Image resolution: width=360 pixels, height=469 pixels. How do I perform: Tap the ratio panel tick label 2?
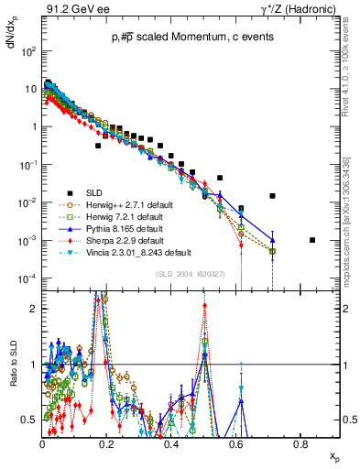point(34,309)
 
